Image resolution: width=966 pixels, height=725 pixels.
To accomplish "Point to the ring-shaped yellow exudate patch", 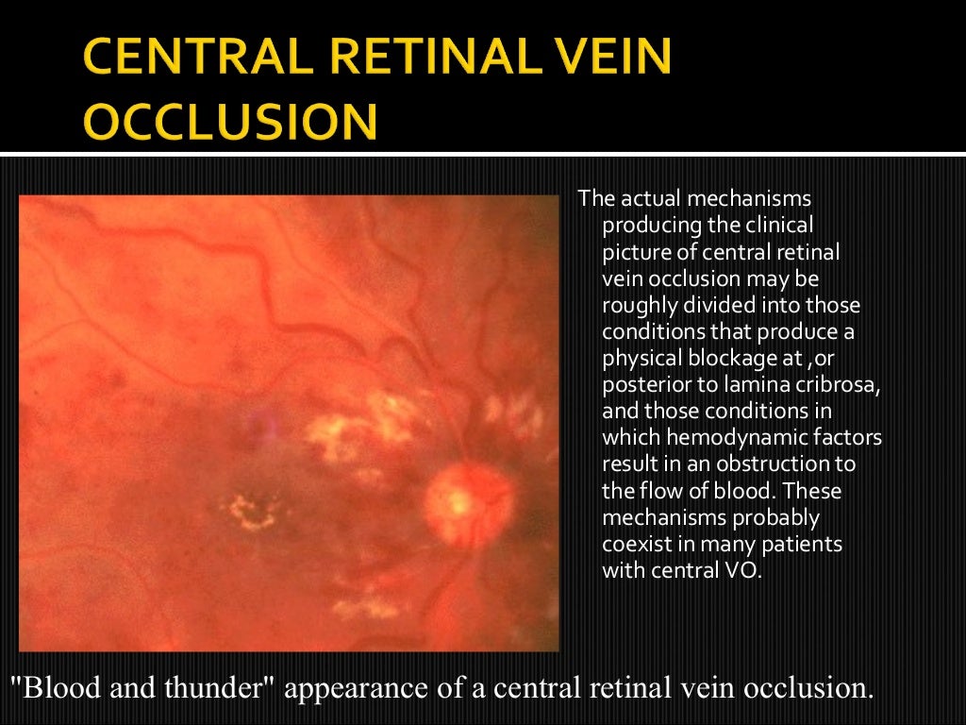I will click(x=250, y=513).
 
